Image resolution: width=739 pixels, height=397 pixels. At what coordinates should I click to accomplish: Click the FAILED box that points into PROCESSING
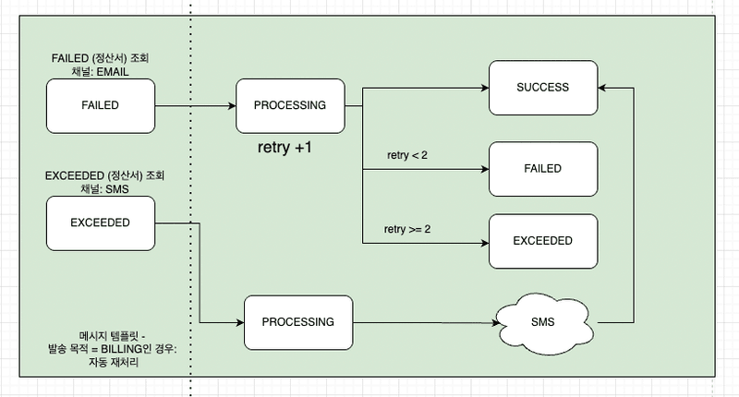pyautogui.click(x=101, y=105)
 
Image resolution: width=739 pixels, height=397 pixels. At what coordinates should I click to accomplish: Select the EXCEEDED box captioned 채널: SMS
pyautogui.click(x=101, y=223)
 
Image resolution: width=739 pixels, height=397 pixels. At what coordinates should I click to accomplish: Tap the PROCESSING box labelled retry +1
pyautogui.click(x=290, y=105)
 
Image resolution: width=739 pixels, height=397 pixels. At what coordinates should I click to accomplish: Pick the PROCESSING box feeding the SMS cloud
pyautogui.click(x=297, y=322)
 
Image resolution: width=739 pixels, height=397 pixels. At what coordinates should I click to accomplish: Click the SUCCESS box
pyautogui.click(x=542, y=88)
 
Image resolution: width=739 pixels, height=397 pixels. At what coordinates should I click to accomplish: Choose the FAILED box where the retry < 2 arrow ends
pyautogui.click(x=542, y=169)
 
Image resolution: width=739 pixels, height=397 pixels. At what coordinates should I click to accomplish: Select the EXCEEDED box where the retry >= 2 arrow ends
pyautogui.click(x=542, y=241)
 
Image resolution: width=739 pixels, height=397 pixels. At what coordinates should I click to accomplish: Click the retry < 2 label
pyautogui.click(x=407, y=155)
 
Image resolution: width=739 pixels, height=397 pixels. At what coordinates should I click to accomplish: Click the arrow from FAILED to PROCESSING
pyautogui.click(x=196, y=106)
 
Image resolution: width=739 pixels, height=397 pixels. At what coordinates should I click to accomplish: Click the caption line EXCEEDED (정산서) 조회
pyautogui.click(x=103, y=175)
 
